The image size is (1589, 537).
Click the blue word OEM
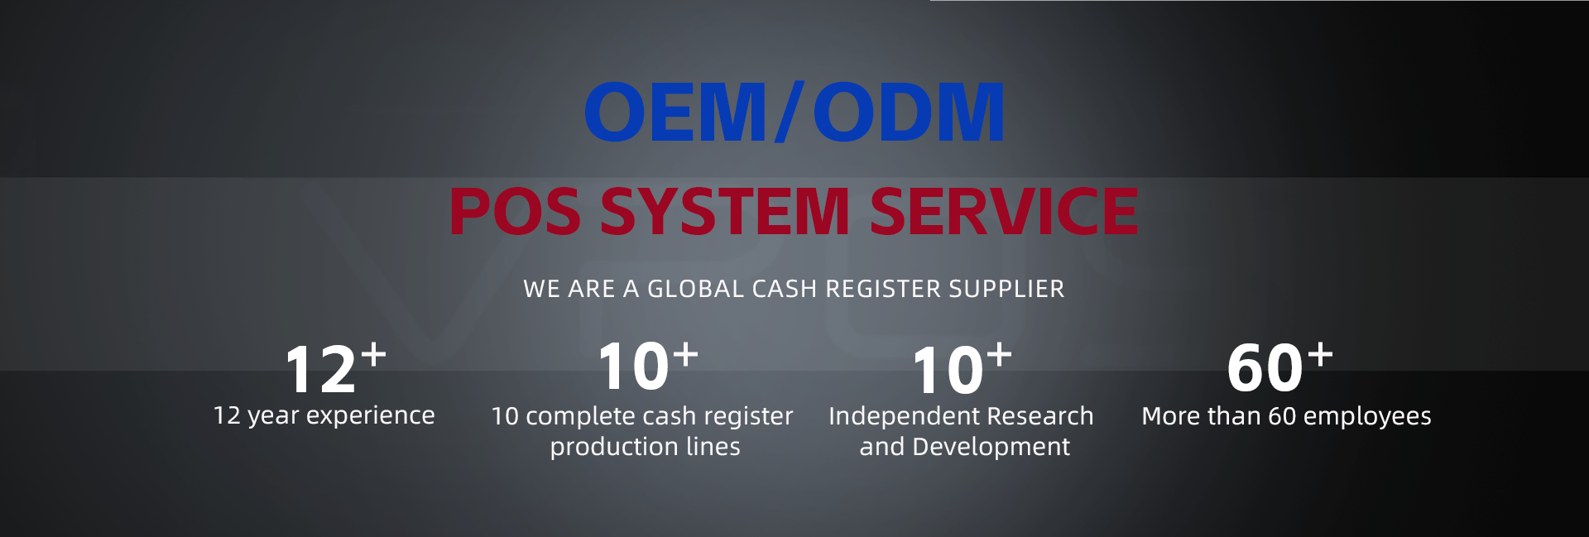tap(675, 112)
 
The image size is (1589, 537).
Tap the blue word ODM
tap(909, 112)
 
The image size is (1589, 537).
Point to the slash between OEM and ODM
tap(790, 112)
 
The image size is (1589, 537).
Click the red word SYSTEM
tap(725, 211)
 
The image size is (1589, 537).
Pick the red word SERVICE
tap(1004, 211)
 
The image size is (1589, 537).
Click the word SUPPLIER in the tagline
tap(1006, 289)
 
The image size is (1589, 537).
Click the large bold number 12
tap(320, 370)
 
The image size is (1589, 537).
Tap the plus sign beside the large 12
tap(373, 354)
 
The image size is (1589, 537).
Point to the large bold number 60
tap(1265, 368)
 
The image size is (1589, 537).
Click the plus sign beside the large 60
tap(1320, 353)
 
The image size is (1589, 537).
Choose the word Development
tap(991, 448)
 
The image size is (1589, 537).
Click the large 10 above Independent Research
tap(948, 371)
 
